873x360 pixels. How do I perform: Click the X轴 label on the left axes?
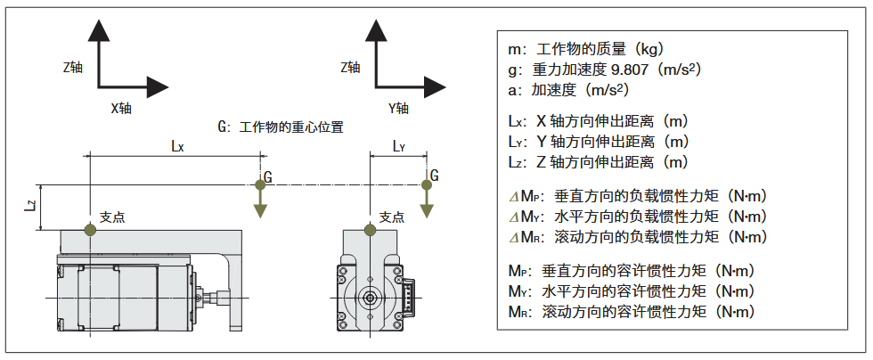(121, 108)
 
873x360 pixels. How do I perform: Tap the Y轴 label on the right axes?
(398, 108)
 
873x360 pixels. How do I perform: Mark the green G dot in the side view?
(260, 184)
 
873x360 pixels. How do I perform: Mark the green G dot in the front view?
(426, 184)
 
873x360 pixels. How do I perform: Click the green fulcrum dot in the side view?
(90, 230)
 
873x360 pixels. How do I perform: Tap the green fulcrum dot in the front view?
(369, 230)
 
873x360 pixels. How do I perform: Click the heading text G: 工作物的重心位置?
(281, 127)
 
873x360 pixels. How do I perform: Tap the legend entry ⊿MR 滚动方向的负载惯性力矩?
(637, 236)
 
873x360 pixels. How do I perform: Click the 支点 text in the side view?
(112, 217)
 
